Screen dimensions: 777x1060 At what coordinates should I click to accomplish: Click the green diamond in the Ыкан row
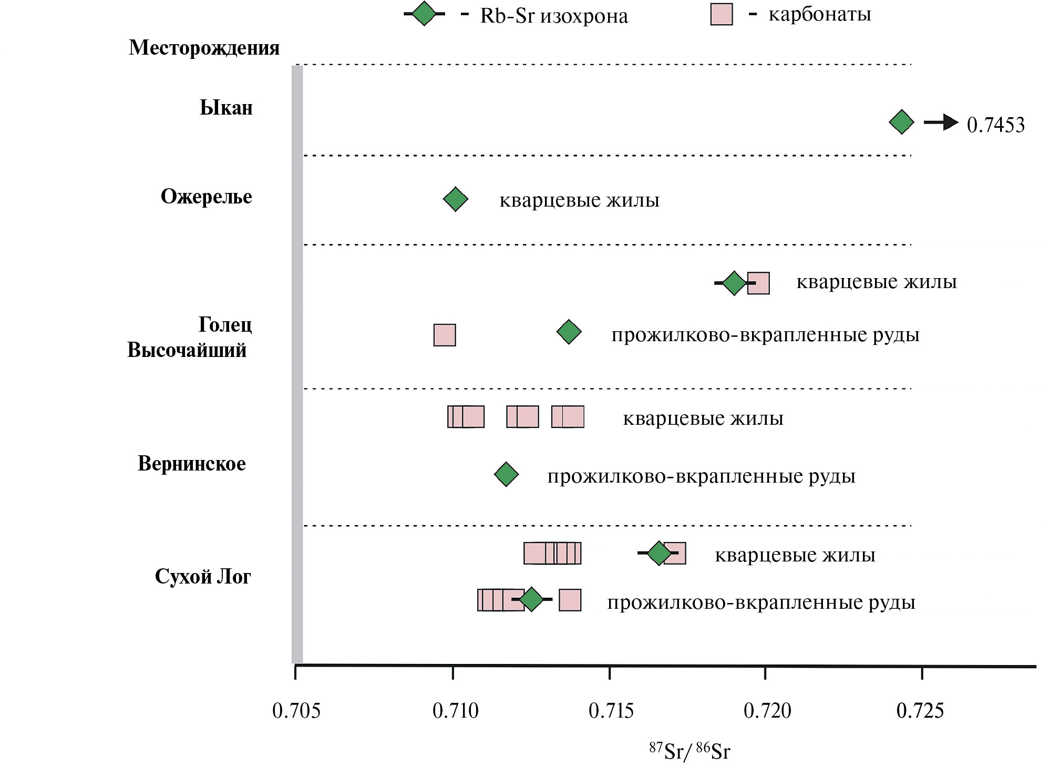click(x=901, y=122)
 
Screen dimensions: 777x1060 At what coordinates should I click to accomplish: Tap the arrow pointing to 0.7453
click(x=941, y=122)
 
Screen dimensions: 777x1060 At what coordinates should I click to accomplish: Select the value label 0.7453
click(x=995, y=125)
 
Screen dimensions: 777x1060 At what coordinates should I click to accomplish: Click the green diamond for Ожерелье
click(x=455, y=199)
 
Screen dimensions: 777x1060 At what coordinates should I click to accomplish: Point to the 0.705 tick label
click(x=296, y=711)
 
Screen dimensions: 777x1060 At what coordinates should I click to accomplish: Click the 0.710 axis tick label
click(x=455, y=711)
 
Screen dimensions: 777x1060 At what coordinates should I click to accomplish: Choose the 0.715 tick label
click(x=611, y=711)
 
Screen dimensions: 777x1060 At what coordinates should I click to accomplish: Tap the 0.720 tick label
click(x=767, y=711)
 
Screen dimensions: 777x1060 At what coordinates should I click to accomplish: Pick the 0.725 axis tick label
click(x=920, y=711)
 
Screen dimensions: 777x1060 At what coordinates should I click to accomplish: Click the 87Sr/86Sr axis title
click(x=689, y=751)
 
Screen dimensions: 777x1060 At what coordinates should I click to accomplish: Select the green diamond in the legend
click(x=424, y=14)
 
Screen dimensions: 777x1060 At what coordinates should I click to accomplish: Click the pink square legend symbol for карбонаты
click(x=721, y=14)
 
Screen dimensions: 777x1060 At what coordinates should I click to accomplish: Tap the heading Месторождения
click(x=204, y=48)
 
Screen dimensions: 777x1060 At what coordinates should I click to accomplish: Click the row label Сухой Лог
click(x=203, y=577)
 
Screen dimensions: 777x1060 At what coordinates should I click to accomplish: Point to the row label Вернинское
click(x=191, y=464)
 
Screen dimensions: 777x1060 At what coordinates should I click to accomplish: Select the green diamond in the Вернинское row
click(x=506, y=475)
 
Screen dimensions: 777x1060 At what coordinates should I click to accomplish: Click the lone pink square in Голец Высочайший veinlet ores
click(x=444, y=335)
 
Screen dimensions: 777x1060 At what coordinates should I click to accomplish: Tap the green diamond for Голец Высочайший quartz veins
click(x=734, y=283)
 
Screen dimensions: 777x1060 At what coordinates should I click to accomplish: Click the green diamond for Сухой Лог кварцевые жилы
click(x=658, y=553)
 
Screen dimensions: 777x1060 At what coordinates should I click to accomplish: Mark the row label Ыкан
click(x=226, y=108)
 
